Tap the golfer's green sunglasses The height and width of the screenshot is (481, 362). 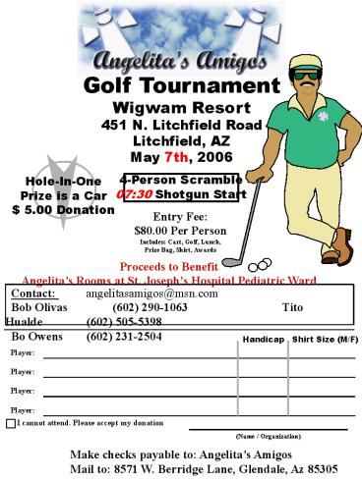tap(308, 76)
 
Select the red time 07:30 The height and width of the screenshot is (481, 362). tap(135, 194)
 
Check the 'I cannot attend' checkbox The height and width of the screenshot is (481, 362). tap(10, 423)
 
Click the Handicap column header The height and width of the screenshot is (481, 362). tap(263, 340)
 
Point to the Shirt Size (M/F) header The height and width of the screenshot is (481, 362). tap(325, 340)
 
